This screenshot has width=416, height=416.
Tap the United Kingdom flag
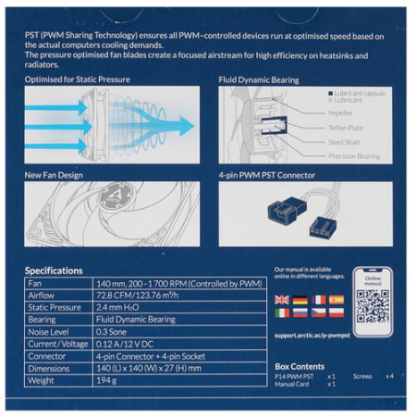pos(281,300)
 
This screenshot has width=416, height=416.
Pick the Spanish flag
pos(336,300)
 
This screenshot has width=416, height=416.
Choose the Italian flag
pos(281,313)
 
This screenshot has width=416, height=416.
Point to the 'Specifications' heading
pos(54,270)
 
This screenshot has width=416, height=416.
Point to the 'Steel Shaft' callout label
pos(346,141)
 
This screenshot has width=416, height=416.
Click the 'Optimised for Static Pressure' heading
pos(78,80)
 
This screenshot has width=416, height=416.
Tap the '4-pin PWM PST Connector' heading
pos(267,175)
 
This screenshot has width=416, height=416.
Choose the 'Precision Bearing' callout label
pos(353,156)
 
